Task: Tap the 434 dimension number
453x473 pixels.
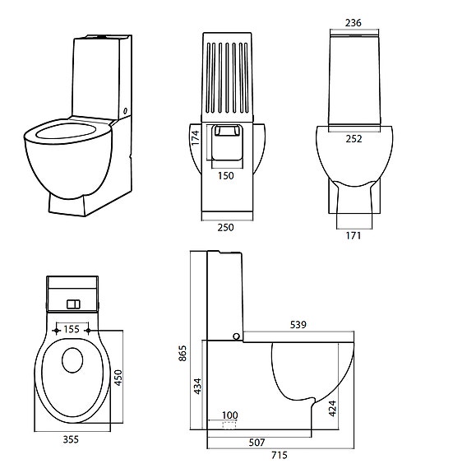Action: click(x=198, y=385)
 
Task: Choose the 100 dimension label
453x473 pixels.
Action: click(x=229, y=415)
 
